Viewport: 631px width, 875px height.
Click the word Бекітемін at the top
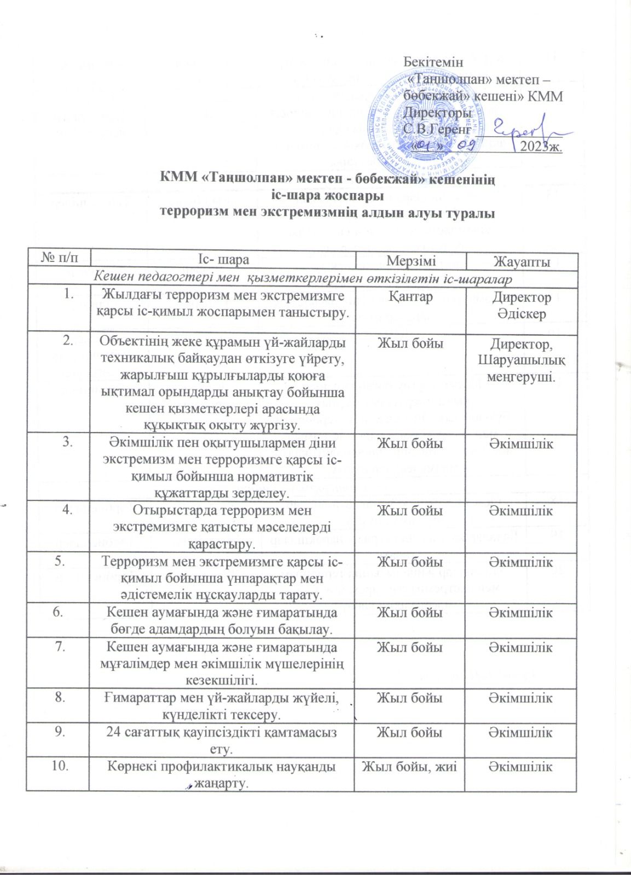[433, 62]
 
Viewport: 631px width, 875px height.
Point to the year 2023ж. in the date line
[541, 147]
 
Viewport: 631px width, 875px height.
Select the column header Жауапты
[522, 261]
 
